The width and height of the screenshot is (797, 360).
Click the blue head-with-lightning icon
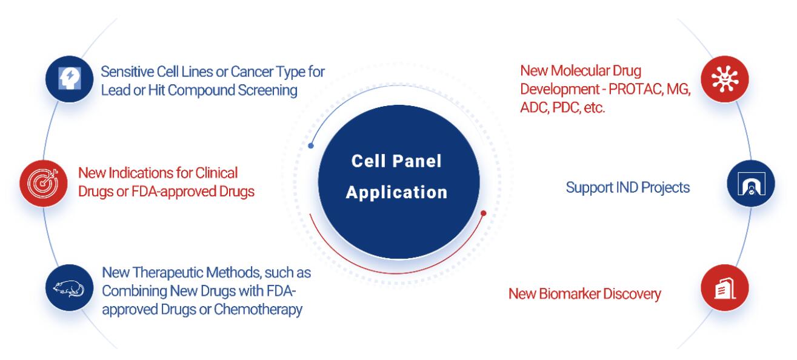click(x=69, y=79)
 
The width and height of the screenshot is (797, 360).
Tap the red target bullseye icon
click(x=44, y=184)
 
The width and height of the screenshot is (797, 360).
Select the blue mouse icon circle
click(x=69, y=288)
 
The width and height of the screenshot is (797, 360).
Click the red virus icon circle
click(x=725, y=79)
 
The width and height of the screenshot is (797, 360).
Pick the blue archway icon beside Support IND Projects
click(x=751, y=184)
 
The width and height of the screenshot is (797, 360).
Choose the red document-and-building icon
click(x=725, y=288)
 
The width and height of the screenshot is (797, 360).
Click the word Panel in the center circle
click(x=417, y=161)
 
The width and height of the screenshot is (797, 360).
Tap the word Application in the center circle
click(x=397, y=193)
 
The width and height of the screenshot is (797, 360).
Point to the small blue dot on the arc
click(x=311, y=146)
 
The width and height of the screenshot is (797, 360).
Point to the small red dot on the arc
click(x=483, y=213)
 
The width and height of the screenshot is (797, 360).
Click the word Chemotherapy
click(x=258, y=310)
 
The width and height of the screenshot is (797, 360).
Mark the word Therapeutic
click(x=168, y=273)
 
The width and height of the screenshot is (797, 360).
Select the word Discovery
click(x=632, y=294)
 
